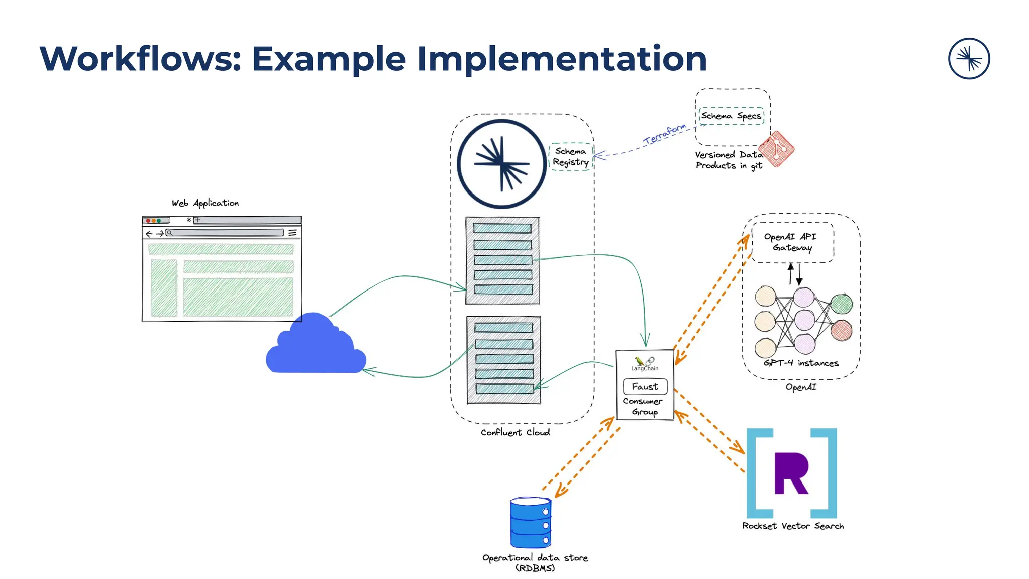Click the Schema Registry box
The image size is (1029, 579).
[x=570, y=157]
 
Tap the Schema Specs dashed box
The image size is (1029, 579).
[x=731, y=116]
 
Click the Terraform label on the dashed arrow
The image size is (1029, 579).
[x=664, y=134]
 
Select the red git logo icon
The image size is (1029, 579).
[x=776, y=149]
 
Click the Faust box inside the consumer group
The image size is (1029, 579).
[x=645, y=387]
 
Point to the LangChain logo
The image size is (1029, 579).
[x=645, y=363]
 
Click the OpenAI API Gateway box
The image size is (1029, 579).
[x=792, y=242]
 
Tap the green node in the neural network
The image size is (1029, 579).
[x=841, y=303]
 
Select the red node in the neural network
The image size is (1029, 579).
[x=841, y=330]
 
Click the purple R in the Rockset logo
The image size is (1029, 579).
[x=791, y=473]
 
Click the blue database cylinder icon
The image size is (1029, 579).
[x=531, y=523]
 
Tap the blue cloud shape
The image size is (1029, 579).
[x=316, y=347]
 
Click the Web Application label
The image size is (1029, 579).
[x=205, y=203]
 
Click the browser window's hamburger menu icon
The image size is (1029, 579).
[x=292, y=233]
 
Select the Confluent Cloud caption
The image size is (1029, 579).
[x=515, y=432]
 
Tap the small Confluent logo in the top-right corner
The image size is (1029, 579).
[x=969, y=59]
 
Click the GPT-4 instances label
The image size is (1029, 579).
[x=801, y=363]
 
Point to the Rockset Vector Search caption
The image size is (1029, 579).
[x=793, y=526]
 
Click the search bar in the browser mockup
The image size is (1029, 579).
[x=226, y=233]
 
